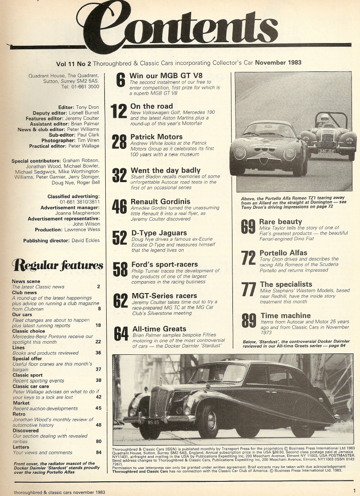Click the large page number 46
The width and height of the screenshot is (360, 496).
tap(119, 207)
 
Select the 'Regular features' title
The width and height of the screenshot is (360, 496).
tap(57, 266)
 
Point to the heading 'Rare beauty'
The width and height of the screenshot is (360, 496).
tap(280, 222)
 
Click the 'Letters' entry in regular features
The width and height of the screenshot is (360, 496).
tap(21, 447)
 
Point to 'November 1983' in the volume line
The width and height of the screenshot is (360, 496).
tap(278, 63)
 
